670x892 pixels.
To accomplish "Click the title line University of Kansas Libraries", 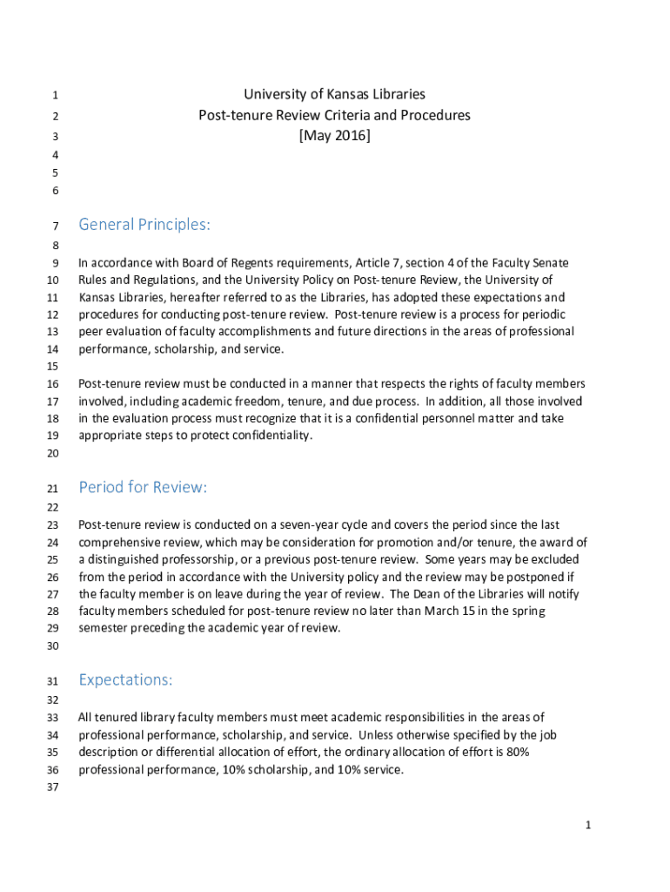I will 334,94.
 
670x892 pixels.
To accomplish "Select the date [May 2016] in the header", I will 334,136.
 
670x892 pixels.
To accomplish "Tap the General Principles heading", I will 144,225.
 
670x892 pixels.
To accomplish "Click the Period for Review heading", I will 143,487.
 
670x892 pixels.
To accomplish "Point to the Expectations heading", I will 125,679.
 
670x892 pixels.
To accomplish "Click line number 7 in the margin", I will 55,226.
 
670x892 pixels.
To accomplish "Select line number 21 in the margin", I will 52,489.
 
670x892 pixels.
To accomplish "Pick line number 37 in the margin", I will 52,788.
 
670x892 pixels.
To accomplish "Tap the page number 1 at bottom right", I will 588,825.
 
